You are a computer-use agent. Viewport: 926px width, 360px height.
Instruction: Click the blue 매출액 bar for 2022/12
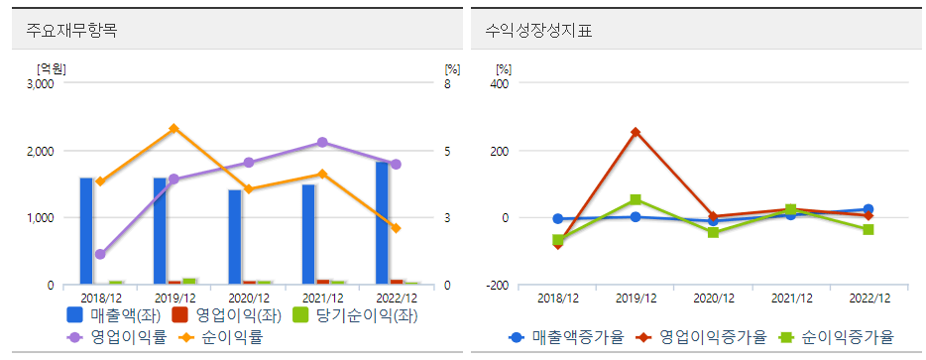tap(382, 223)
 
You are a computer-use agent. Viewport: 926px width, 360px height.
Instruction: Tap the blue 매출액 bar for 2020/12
tap(234, 237)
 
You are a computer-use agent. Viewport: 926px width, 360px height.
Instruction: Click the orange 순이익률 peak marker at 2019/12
tap(174, 129)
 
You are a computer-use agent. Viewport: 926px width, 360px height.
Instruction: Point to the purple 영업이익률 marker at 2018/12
tap(100, 255)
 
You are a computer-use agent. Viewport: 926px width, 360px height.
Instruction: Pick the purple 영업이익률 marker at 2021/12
tap(321, 143)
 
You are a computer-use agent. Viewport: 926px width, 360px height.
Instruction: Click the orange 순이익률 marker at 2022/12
tap(396, 228)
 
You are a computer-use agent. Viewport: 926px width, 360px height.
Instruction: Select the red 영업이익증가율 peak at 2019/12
tap(636, 132)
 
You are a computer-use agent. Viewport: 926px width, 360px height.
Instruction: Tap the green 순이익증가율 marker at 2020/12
tap(713, 232)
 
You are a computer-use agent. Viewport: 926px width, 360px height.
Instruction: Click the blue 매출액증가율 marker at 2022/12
tap(868, 209)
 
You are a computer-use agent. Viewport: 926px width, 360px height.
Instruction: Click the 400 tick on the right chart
tap(501, 84)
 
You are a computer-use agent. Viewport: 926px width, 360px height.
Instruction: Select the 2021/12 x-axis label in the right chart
tap(790, 298)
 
